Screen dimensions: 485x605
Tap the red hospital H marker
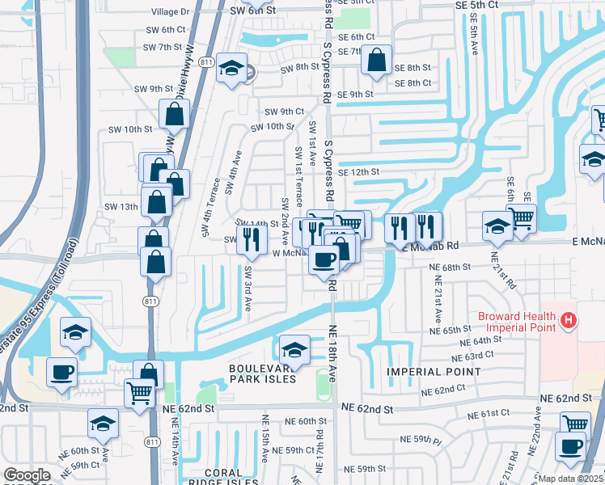pos(569,321)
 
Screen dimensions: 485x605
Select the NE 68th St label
pos(451,267)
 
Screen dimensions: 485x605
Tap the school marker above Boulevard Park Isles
pos(294,349)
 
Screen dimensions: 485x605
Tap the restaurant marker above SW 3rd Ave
pos(252,238)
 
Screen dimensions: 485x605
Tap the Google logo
pos(27,475)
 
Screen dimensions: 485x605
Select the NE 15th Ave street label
pos(264,443)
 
